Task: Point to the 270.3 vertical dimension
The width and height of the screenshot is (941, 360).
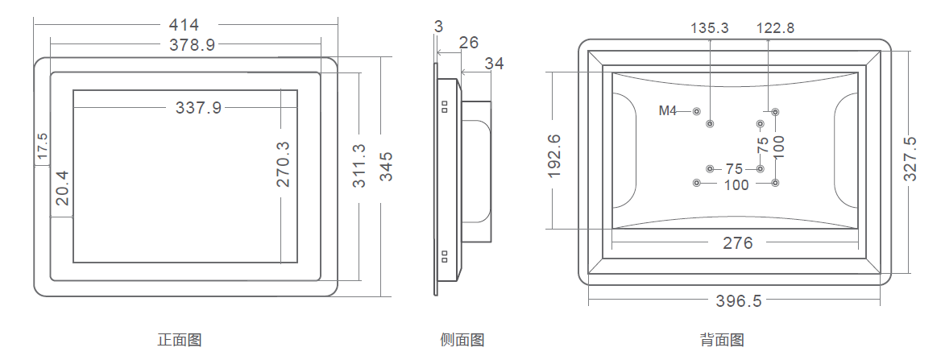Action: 283,163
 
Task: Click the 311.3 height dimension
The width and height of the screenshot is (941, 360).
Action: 359,165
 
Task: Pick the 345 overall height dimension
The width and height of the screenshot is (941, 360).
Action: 386,166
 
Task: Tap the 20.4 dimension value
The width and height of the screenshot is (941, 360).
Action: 61,188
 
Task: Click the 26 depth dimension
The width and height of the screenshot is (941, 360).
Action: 469,43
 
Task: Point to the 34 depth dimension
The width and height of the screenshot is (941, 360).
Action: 495,64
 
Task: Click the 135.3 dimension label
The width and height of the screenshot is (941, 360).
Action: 710,28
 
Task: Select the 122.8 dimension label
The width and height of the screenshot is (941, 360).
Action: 775,28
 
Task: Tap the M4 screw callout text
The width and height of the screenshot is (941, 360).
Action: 668,111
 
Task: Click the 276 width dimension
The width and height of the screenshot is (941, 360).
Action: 737,243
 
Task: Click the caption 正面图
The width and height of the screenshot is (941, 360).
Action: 179,340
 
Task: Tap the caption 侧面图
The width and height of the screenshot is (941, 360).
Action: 462,340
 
